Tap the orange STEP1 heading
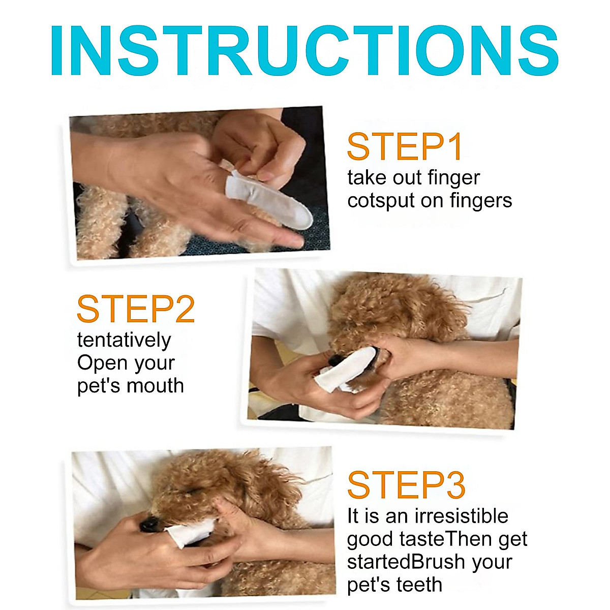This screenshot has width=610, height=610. click(x=405, y=147)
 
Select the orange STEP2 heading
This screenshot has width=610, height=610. click(x=136, y=309)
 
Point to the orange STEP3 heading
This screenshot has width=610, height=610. click(x=406, y=485)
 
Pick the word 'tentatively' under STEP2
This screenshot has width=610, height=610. click(x=124, y=340)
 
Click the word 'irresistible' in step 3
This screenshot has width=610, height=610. click(x=462, y=516)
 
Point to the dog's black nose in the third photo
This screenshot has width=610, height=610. click(x=149, y=524)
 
